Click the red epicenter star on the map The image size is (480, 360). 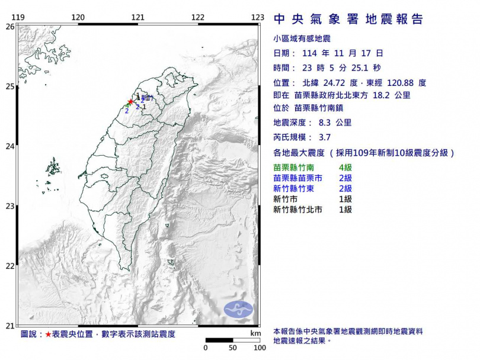pos(130,102)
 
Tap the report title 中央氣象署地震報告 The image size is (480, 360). pos(348,20)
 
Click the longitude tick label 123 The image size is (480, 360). pos(257,18)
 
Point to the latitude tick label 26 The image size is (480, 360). pos(10,27)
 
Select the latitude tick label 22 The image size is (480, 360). pos(10,266)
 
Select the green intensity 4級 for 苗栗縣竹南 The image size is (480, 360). pos(345,168)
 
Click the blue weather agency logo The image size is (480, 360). pos(238,308)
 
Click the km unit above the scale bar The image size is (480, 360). pos(255,334)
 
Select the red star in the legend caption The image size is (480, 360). pos(49,335)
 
